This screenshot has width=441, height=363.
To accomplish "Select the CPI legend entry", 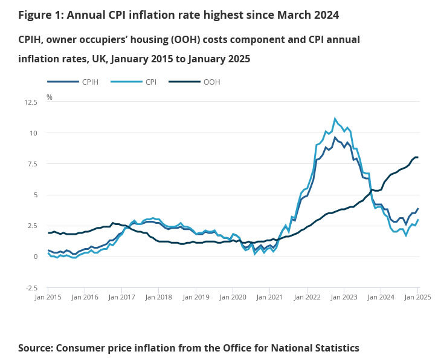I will tap(150, 81).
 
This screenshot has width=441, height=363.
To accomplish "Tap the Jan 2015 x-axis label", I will tap(48, 297).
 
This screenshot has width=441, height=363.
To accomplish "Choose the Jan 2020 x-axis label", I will tap(233, 297).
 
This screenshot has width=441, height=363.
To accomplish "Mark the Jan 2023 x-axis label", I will tap(344, 297).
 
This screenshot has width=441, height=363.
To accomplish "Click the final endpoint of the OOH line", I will tap(417, 157).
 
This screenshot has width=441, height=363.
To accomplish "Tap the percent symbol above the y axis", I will tap(50, 97).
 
